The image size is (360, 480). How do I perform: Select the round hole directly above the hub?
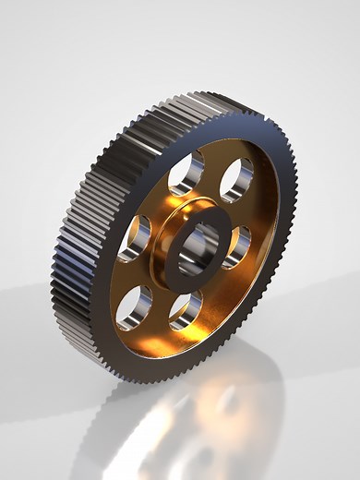pyautogui.click(x=187, y=173)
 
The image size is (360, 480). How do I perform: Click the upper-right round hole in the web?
pyautogui.click(x=236, y=178)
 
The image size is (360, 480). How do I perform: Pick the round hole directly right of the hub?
pyautogui.click(x=238, y=246)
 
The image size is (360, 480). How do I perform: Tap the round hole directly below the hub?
pyautogui.click(x=186, y=309)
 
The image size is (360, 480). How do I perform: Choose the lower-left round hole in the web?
pyautogui.click(x=135, y=306)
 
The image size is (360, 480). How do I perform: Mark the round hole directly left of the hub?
pyautogui.click(x=136, y=238)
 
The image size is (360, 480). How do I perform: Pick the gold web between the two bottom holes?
pyautogui.click(x=159, y=318)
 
